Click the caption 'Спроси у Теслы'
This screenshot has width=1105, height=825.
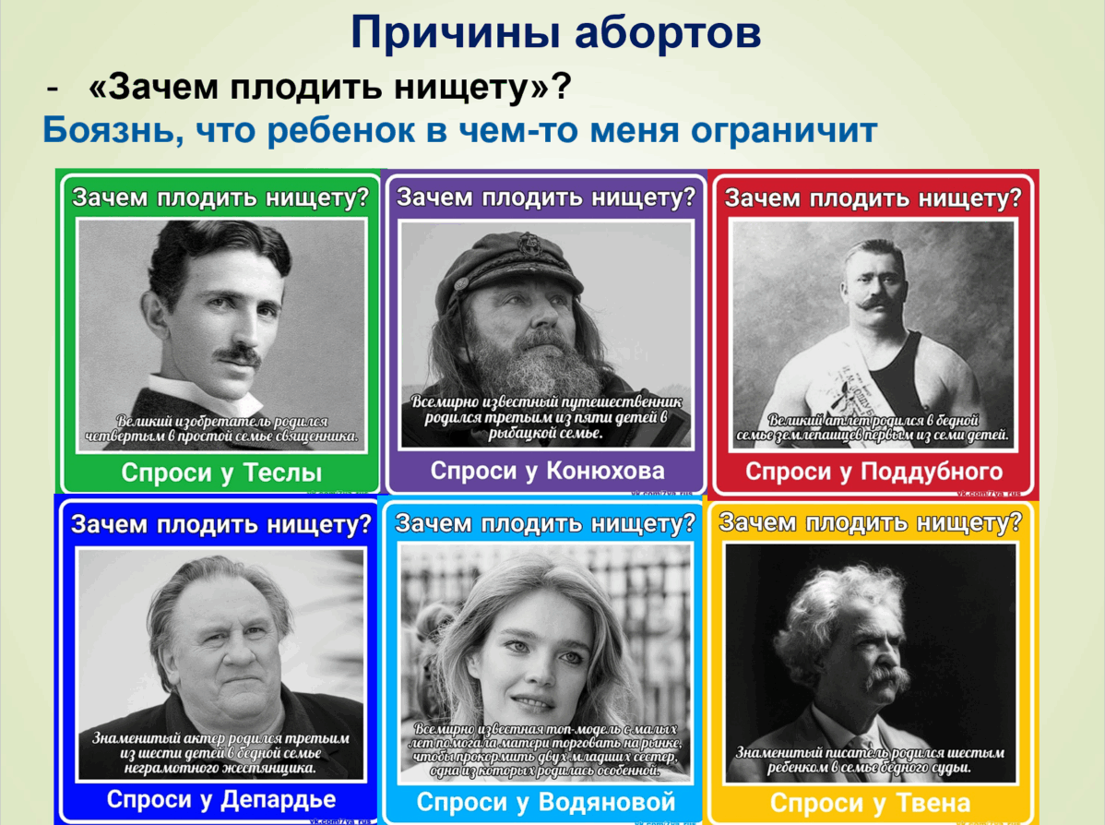pos(221,473)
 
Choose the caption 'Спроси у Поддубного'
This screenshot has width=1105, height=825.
pos(873,472)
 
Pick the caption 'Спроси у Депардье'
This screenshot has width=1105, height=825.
pos(221,798)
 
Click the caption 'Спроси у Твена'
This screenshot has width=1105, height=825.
pos(870,801)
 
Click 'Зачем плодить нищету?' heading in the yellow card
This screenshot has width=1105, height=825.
pos(870,523)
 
